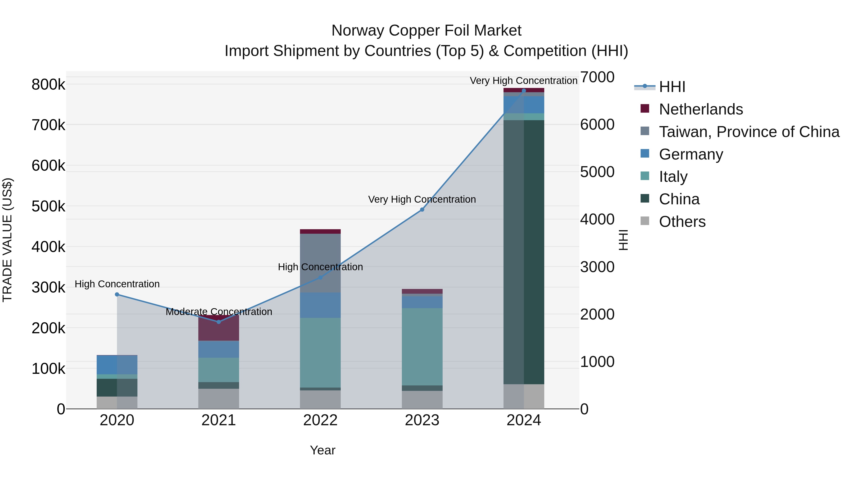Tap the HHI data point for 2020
click(x=117, y=294)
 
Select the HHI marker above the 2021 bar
click(x=218, y=322)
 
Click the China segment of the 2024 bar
click(x=523, y=252)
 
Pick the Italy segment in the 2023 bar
click(x=422, y=347)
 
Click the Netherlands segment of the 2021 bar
click(x=218, y=330)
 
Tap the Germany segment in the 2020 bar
click(x=117, y=365)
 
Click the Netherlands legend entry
click(x=700, y=109)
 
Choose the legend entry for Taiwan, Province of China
click(x=749, y=132)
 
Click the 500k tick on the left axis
click(x=48, y=206)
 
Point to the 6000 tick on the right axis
click(x=597, y=124)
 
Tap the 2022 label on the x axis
click(x=320, y=420)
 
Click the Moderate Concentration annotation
click(x=218, y=312)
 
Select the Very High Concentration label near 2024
click(x=523, y=81)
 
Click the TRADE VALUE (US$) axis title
click(x=8, y=240)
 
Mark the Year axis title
click(x=322, y=450)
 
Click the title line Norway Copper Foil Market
click(x=426, y=31)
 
